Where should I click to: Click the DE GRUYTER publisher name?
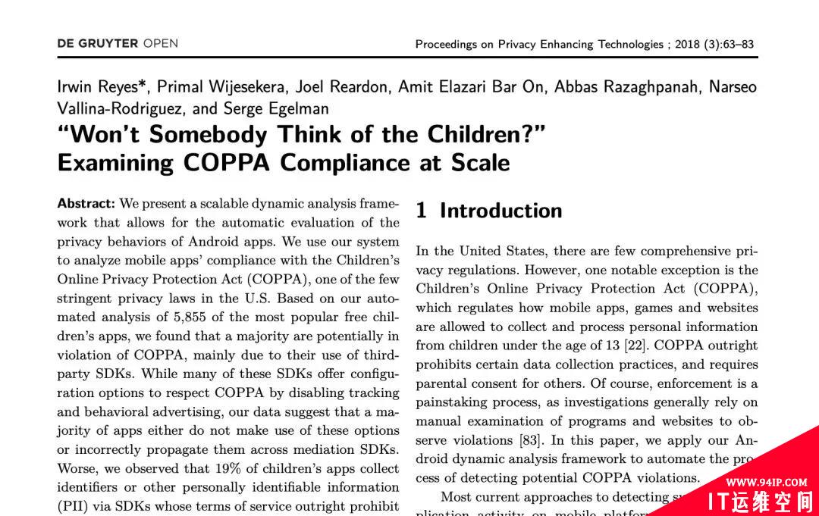pyautogui.click(x=98, y=44)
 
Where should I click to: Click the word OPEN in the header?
pyautogui.click(x=161, y=44)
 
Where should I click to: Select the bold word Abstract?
pyautogui.click(x=86, y=204)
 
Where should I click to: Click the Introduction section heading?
pyautogui.click(x=500, y=211)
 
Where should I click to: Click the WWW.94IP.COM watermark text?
pyautogui.click(x=765, y=483)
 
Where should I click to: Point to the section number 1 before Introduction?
pyautogui.click(x=421, y=211)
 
